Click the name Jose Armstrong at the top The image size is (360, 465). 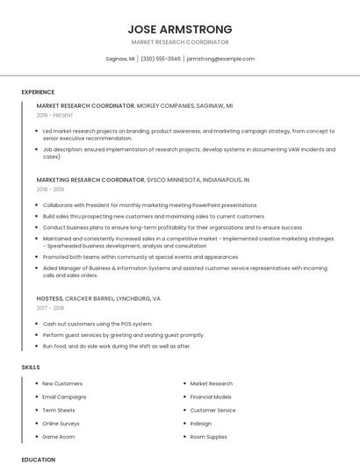click(179, 28)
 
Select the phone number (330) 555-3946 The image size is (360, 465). click(161, 59)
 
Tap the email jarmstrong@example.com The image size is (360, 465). click(220, 59)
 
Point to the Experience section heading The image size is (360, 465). click(38, 92)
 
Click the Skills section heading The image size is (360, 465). click(31, 367)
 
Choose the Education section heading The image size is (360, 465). click(38, 459)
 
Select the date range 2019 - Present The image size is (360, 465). click(56, 115)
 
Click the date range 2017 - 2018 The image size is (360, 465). click(50, 308)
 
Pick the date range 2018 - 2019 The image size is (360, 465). click(50, 189)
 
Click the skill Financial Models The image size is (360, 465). click(211, 397)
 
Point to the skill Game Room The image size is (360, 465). click(59, 436)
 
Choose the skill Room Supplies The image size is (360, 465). click(208, 436)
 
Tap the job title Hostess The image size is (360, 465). click(49, 298)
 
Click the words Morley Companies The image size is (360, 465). click(164, 105)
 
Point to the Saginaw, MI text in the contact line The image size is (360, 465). click(119, 59)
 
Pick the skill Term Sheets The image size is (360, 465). click(59, 410)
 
